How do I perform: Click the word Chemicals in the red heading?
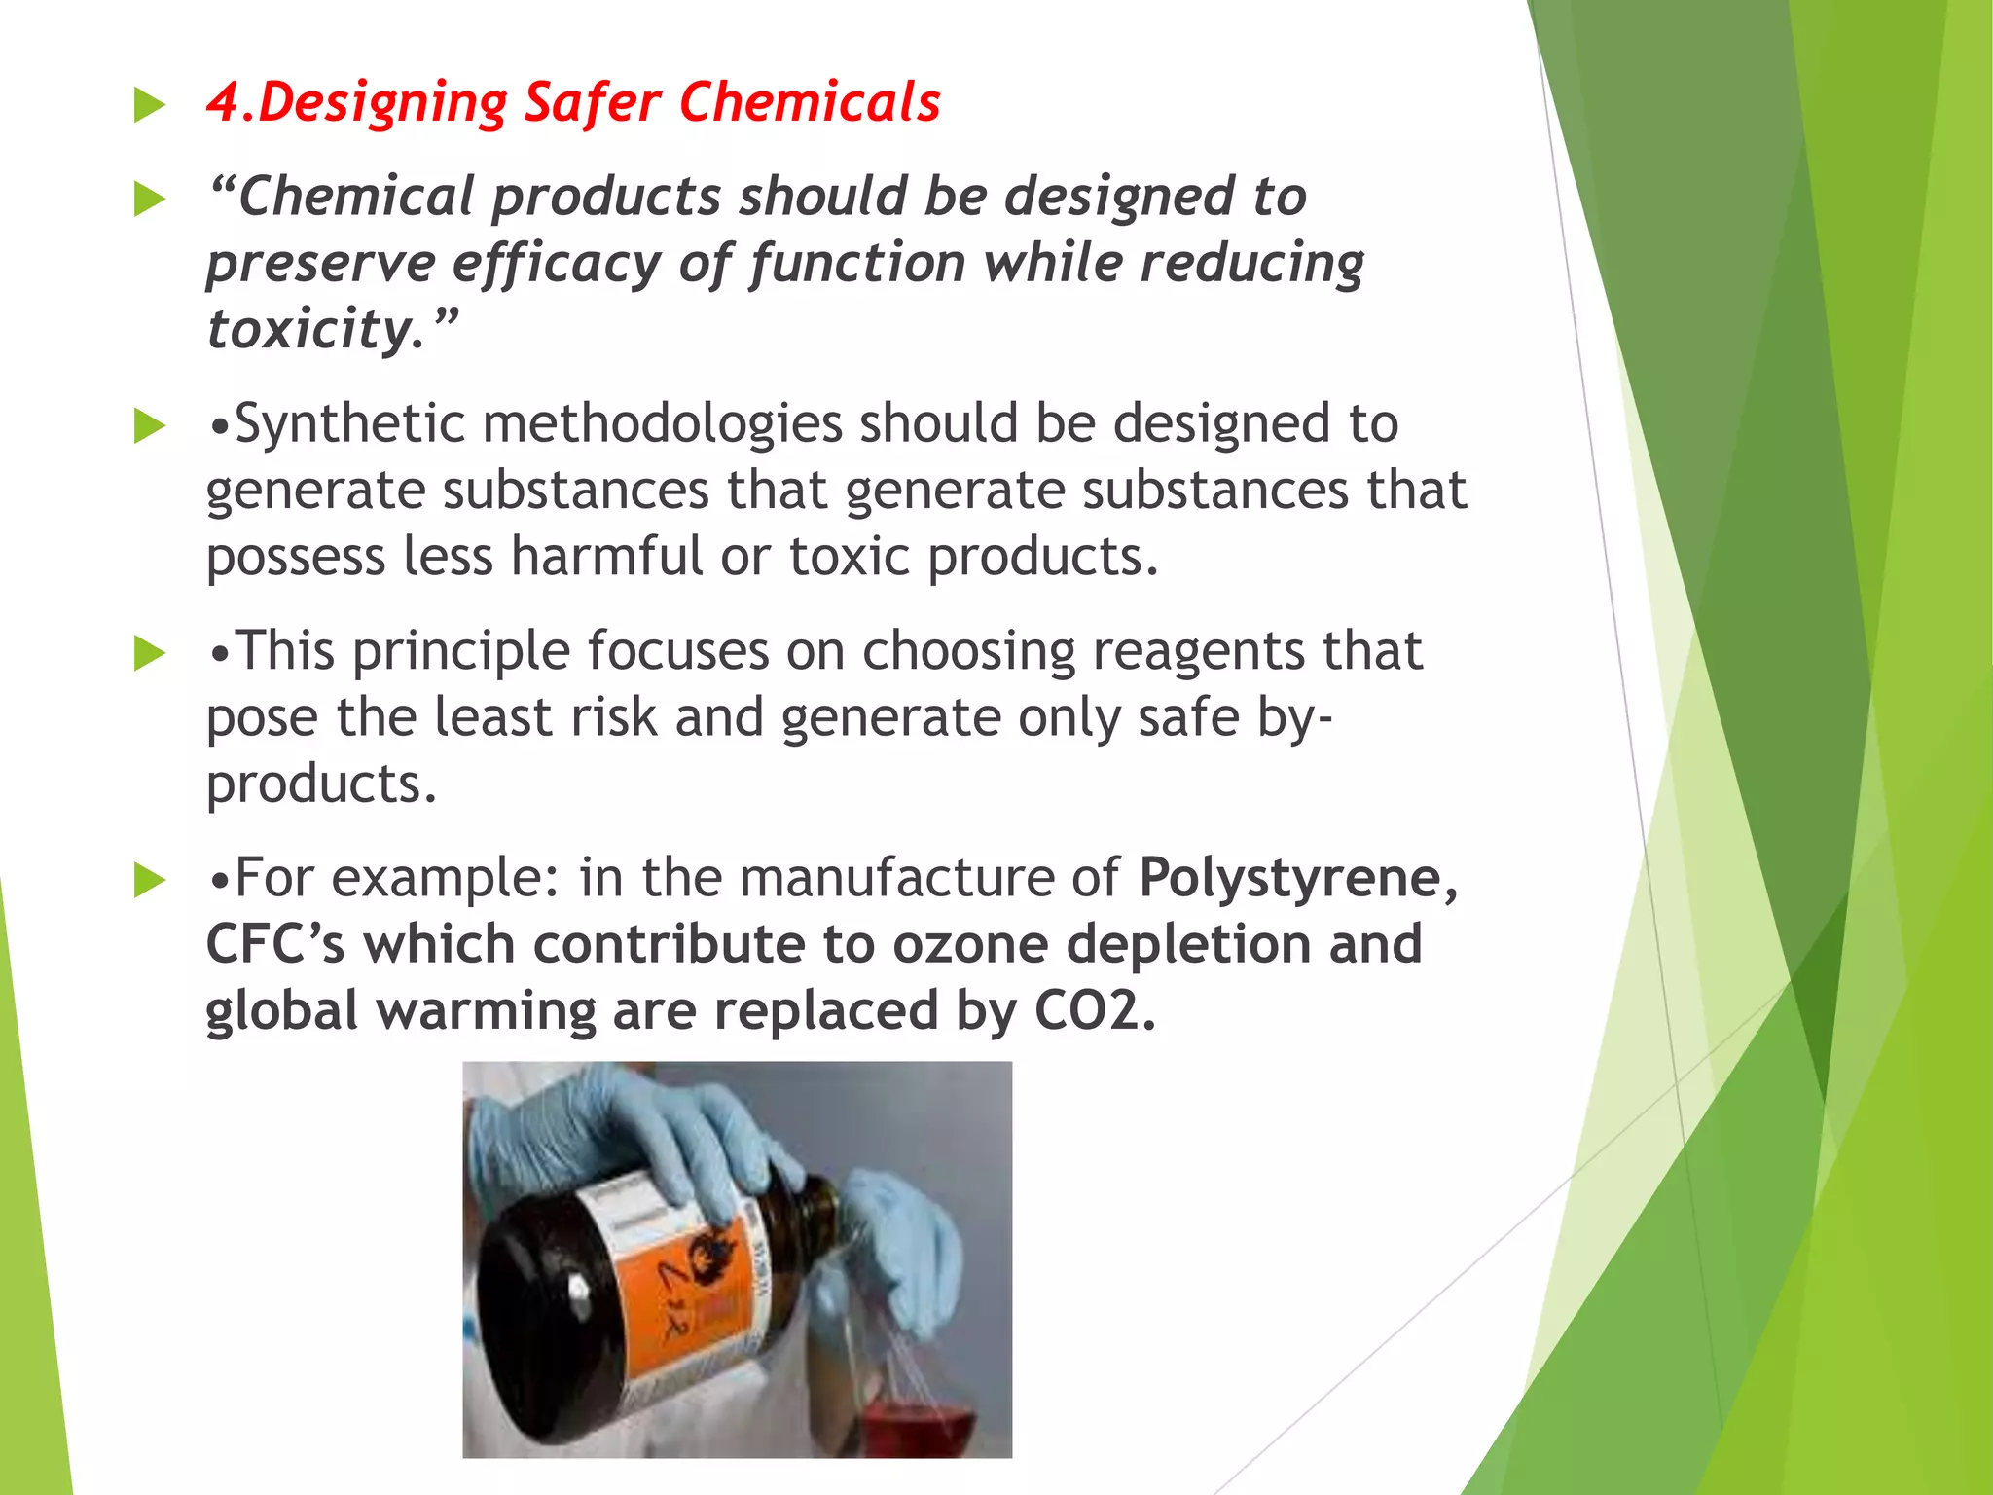[x=810, y=102]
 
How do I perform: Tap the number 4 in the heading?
[x=223, y=102]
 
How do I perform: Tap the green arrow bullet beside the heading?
[x=149, y=105]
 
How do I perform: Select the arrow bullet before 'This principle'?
[x=149, y=653]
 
